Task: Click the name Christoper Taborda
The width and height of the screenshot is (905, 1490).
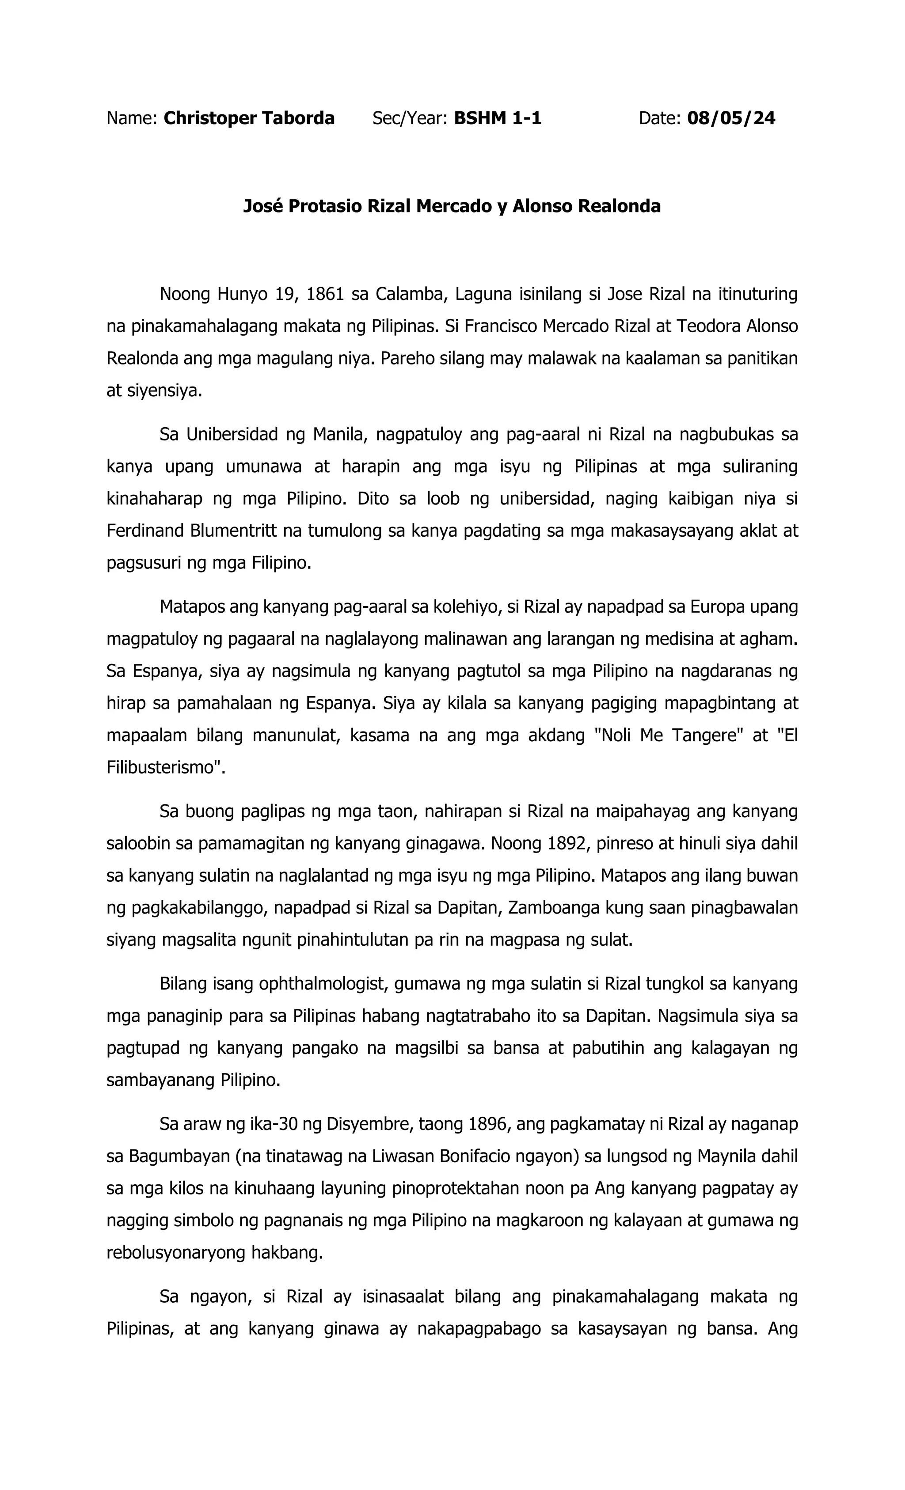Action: (x=249, y=118)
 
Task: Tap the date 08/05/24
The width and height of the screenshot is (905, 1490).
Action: (x=731, y=118)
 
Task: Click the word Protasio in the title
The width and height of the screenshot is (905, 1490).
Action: (x=325, y=207)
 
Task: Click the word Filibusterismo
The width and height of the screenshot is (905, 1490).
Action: (x=162, y=768)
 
